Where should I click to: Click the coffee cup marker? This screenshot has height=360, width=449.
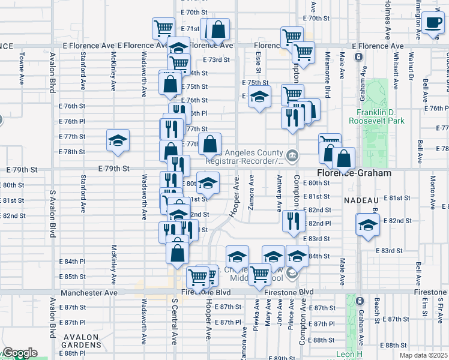tap(432, 23)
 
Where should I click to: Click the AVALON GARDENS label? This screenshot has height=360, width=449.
tap(75, 341)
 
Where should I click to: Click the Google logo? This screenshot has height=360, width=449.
tap(19, 353)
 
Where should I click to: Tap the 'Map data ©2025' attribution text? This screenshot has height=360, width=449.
tap(424, 355)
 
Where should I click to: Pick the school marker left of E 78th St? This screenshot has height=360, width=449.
tap(118, 141)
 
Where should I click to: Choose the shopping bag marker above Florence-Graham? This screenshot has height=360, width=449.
tap(343, 159)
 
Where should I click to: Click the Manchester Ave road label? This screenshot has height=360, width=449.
tap(89, 293)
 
